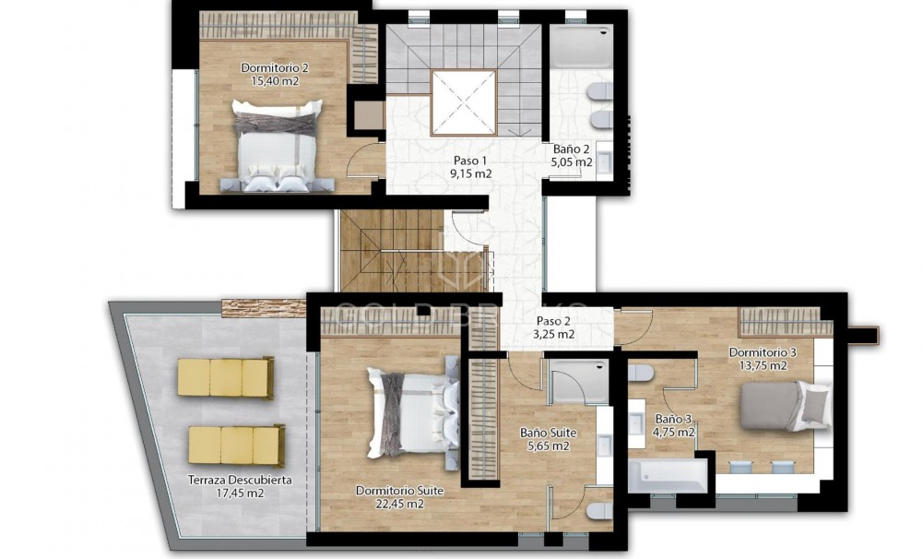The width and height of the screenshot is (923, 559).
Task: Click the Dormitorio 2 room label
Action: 275,67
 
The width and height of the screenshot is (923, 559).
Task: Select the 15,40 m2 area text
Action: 275,81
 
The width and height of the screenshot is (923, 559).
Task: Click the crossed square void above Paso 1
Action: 464,101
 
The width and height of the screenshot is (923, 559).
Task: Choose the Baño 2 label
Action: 572,149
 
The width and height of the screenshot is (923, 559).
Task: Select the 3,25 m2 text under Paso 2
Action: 555,335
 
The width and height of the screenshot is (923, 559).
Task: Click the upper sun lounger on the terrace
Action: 225,377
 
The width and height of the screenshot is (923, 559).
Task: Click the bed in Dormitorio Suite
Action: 410,412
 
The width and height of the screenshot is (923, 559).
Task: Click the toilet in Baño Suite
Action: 598,510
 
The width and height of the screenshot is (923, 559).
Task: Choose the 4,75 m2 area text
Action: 675,432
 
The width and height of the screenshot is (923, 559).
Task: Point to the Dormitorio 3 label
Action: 763,352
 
